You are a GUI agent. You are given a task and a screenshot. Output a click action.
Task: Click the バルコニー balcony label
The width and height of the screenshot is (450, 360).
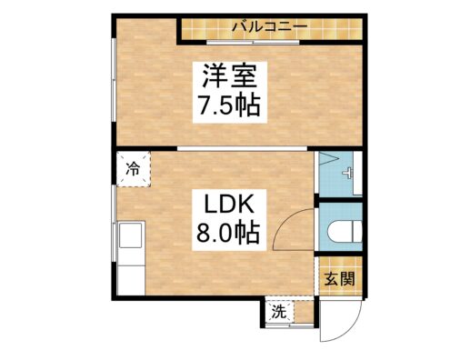[269, 25]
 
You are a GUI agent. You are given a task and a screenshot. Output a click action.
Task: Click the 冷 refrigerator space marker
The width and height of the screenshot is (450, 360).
[134, 168]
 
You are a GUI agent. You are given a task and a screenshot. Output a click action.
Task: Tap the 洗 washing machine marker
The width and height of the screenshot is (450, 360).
[278, 312]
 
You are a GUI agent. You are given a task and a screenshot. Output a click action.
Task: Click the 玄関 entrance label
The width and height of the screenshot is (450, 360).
[338, 278]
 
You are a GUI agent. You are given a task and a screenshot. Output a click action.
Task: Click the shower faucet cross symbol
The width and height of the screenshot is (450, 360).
[347, 175]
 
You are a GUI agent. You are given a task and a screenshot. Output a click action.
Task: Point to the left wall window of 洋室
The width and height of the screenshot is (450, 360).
[113, 86]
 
